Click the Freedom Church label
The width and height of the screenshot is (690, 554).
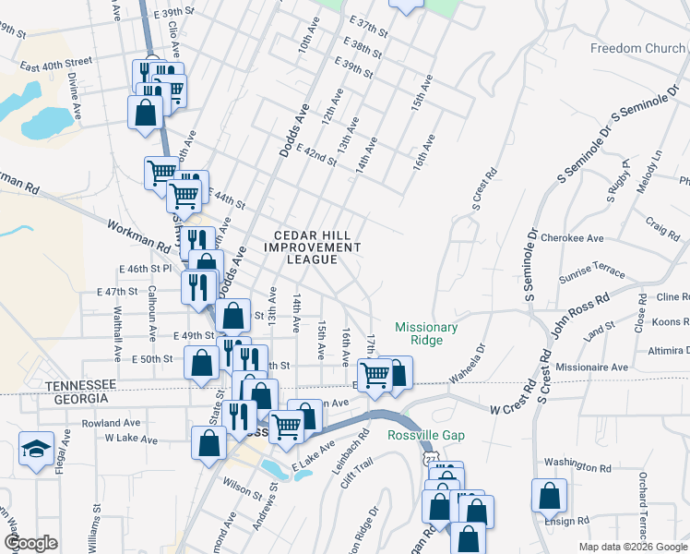[x=637, y=48]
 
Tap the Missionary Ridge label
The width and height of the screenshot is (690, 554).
[x=426, y=333]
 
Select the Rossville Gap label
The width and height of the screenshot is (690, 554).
[x=425, y=436]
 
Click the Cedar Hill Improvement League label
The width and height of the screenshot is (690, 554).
[x=312, y=247]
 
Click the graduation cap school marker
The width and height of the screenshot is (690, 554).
[x=36, y=452]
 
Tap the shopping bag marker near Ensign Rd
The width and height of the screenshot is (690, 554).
[x=549, y=496]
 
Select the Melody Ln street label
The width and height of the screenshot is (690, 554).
[x=655, y=169]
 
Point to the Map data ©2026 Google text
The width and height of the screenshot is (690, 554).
[x=632, y=547]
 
